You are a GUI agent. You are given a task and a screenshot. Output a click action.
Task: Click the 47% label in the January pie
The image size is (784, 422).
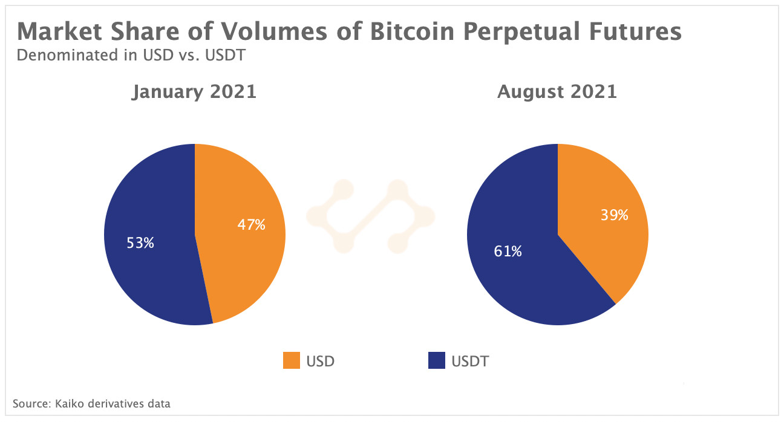click(x=251, y=225)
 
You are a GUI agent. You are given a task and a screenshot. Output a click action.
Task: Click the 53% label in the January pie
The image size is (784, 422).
click(x=140, y=243)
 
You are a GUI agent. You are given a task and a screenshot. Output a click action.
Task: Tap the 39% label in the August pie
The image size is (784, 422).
click(x=614, y=215)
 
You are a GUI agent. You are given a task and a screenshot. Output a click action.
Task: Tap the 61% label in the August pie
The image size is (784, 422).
click(x=507, y=251)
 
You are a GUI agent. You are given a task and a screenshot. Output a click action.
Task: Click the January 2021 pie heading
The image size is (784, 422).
click(x=194, y=92)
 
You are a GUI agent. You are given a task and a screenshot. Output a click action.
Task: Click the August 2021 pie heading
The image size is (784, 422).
click(x=557, y=92)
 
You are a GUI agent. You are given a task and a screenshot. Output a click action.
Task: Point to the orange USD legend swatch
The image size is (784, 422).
click(x=292, y=361)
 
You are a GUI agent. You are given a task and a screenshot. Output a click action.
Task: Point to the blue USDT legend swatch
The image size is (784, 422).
click(x=436, y=361)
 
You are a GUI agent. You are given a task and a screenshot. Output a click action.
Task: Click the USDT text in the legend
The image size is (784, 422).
click(x=470, y=362)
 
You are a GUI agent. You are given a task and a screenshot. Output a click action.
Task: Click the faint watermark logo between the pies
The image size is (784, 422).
click(x=370, y=215)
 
